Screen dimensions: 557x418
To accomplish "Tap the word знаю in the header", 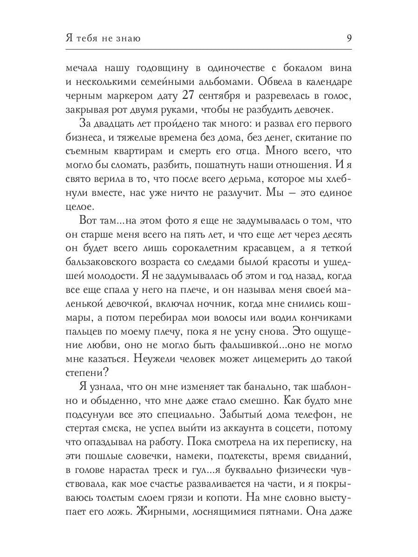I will tap(126, 39).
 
